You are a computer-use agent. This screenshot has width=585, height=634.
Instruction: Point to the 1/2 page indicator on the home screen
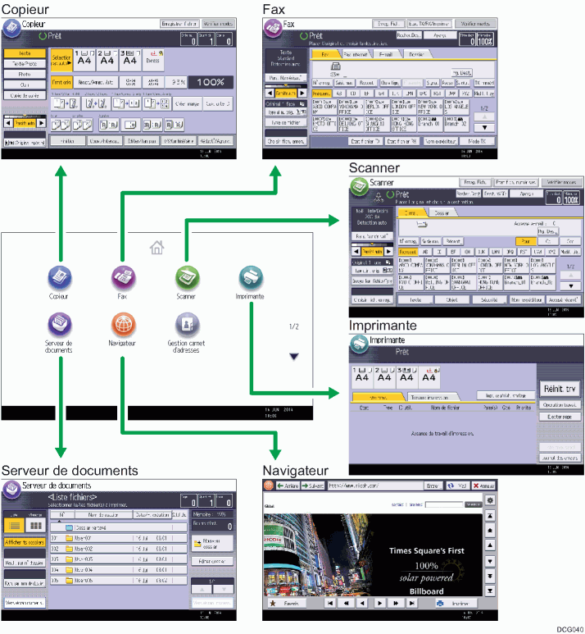pyautogui.click(x=294, y=326)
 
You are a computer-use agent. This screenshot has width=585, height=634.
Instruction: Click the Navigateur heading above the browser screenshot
pyautogui.click(x=295, y=471)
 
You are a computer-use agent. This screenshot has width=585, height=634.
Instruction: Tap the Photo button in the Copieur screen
pyautogui.click(x=25, y=73)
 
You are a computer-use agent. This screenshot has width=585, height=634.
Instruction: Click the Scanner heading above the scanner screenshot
pyautogui.click(x=374, y=167)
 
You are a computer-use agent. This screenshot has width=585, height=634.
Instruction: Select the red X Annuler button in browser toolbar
pyautogui.click(x=484, y=486)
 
